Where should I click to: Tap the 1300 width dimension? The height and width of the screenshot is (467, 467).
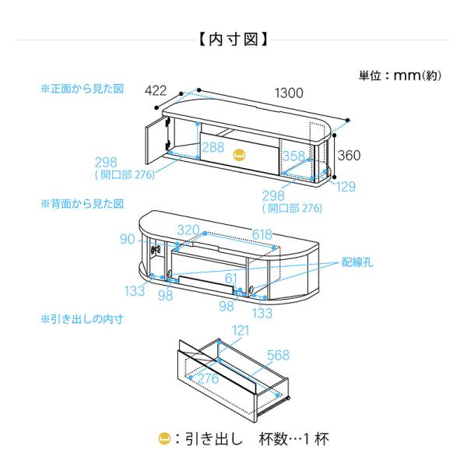click(288, 93)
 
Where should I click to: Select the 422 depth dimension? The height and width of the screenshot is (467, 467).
click(156, 90)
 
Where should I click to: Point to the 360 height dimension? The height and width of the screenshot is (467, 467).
click(349, 155)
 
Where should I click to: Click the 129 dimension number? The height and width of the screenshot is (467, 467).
click(346, 187)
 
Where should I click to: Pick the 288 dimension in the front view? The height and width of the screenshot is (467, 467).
click(212, 147)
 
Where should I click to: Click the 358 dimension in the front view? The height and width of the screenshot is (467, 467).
click(293, 156)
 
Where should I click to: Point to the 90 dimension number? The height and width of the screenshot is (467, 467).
click(128, 240)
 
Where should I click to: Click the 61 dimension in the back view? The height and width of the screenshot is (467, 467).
click(231, 279)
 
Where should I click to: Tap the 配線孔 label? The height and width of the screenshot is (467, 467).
click(357, 263)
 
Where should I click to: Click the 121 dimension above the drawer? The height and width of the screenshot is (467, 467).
click(241, 332)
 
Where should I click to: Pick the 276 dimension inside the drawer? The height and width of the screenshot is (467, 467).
click(207, 378)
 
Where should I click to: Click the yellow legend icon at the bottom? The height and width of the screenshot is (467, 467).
click(164, 438)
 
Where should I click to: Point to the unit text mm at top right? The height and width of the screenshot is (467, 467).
click(405, 75)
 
